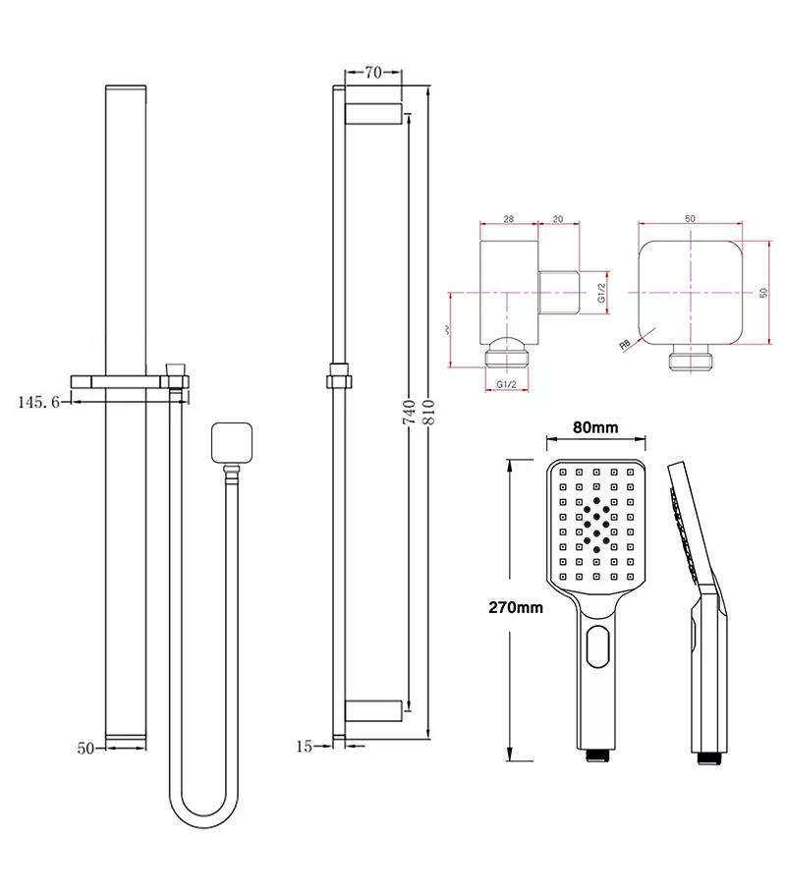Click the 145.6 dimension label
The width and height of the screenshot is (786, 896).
point(39,401)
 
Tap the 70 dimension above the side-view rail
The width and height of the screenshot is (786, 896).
point(372,72)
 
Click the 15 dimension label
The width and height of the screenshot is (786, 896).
point(303,747)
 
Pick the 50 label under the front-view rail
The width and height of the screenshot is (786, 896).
point(85,749)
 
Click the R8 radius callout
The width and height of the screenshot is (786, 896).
point(625,344)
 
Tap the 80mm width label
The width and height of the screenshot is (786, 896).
point(595,427)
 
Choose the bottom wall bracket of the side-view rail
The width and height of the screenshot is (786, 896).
point(374,709)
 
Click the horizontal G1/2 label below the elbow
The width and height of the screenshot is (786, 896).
point(508,383)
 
